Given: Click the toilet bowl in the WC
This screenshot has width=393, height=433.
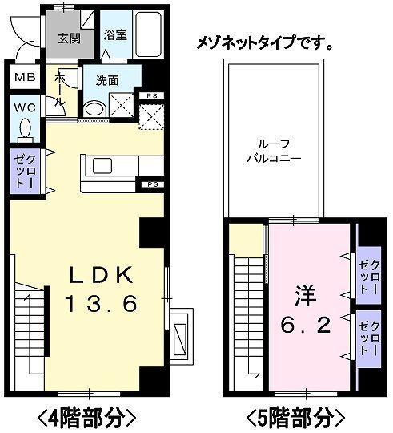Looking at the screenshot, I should tap(25, 128).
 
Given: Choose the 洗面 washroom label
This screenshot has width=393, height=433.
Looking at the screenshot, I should tap(107, 80).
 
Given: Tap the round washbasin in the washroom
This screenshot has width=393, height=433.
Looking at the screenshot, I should tap(94, 110).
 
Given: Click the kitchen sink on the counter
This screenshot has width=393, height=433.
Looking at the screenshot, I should tap(103, 166).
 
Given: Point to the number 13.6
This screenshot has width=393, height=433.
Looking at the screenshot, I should tap(102, 303).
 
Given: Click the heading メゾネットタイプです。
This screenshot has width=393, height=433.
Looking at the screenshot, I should tap(266, 42).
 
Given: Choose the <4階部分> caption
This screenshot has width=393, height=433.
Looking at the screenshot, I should tap(83, 416).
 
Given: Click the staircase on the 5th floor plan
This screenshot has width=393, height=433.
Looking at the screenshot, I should tap(245, 313).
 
